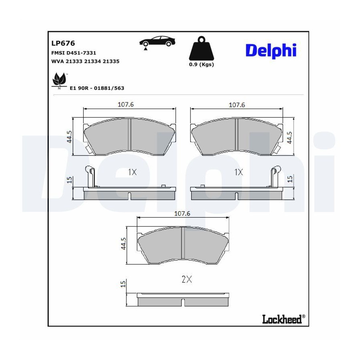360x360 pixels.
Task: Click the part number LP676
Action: point(63,43)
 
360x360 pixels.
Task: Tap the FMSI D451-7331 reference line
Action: point(74,53)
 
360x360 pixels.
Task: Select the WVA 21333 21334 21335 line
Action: point(86,61)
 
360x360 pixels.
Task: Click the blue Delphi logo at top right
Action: point(271,50)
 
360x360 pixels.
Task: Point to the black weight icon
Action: point(201,48)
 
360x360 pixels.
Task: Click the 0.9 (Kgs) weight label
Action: point(201,64)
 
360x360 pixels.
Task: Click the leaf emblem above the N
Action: point(59,79)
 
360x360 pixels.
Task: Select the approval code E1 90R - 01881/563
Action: point(97,88)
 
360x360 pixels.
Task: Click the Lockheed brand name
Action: point(282,319)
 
